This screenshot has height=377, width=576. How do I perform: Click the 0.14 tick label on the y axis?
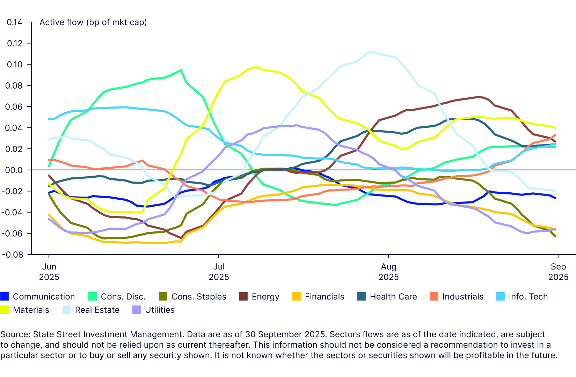point(15,22)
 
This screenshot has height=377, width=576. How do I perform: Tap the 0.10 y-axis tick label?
point(15,65)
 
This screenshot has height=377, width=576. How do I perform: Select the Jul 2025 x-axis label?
point(219,272)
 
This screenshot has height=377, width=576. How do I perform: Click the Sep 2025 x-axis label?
point(558,272)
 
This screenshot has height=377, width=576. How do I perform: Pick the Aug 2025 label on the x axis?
point(388,272)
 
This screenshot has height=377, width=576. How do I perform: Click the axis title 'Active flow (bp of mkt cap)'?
point(93,22)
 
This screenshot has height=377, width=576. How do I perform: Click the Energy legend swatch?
point(243,297)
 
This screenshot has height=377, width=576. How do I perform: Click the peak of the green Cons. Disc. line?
point(181,70)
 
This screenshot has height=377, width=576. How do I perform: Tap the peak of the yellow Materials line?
point(257,67)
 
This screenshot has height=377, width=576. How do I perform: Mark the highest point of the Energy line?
point(478,97)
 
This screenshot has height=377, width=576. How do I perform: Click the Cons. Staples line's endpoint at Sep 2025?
point(555,237)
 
